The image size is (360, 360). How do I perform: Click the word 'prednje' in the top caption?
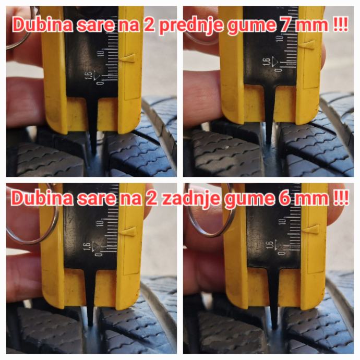[x=191, y=26]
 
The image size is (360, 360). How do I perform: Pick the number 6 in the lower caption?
[x=284, y=198]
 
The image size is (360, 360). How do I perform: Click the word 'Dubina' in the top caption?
[x=43, y=25]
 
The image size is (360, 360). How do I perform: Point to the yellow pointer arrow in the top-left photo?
[x=128, y=58]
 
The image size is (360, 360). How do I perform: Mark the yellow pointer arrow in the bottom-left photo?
[x=128, y=232]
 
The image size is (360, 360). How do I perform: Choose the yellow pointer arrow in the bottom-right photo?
[x=311, y=230]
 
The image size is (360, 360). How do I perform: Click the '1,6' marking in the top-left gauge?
[x=89, y=75]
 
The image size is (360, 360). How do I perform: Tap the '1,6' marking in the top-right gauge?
[x=267, y=62]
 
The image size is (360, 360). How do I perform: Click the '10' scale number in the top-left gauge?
[x=101, y=53]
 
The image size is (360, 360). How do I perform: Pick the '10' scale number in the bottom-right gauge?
[x=282, y=222]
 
